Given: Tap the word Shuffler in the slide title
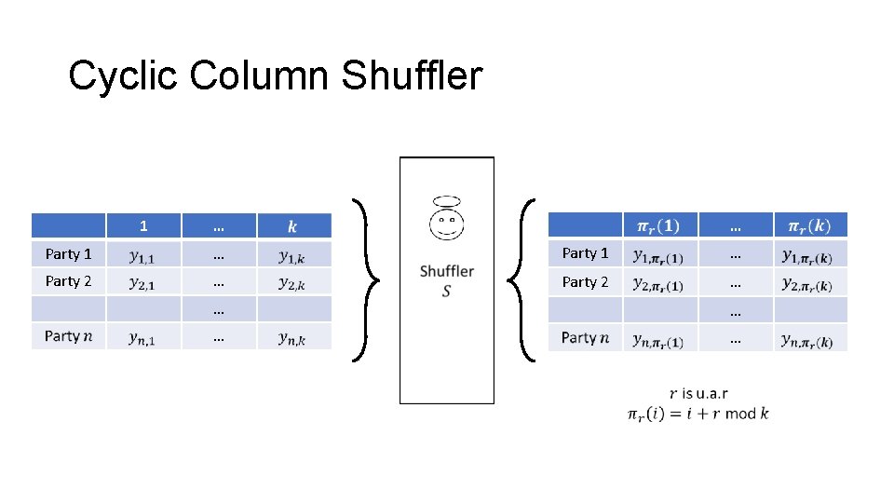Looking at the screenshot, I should click(412, 76).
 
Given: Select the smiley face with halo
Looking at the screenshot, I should click(447, 220).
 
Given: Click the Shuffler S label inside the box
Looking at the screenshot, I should click(447, 280).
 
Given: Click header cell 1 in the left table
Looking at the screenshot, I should click(143, 225).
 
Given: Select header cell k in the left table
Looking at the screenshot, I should click(293, 225).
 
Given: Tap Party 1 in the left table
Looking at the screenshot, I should click(68, 253).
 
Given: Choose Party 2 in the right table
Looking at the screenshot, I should click(585, 281).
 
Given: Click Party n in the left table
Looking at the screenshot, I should click(68, 336).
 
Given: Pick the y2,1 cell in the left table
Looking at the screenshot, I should click(142, 281).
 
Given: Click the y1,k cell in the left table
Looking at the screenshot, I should click(292, 253).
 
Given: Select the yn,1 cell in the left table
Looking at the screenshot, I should click(142, 337).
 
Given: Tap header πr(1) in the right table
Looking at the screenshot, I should click(658, 225).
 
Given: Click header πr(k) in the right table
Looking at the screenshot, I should click(809, 225).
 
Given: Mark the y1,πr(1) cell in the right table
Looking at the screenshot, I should click(658, 253).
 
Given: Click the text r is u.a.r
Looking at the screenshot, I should click(698, 394).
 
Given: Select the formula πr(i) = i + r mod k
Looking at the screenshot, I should click(698, 414).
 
